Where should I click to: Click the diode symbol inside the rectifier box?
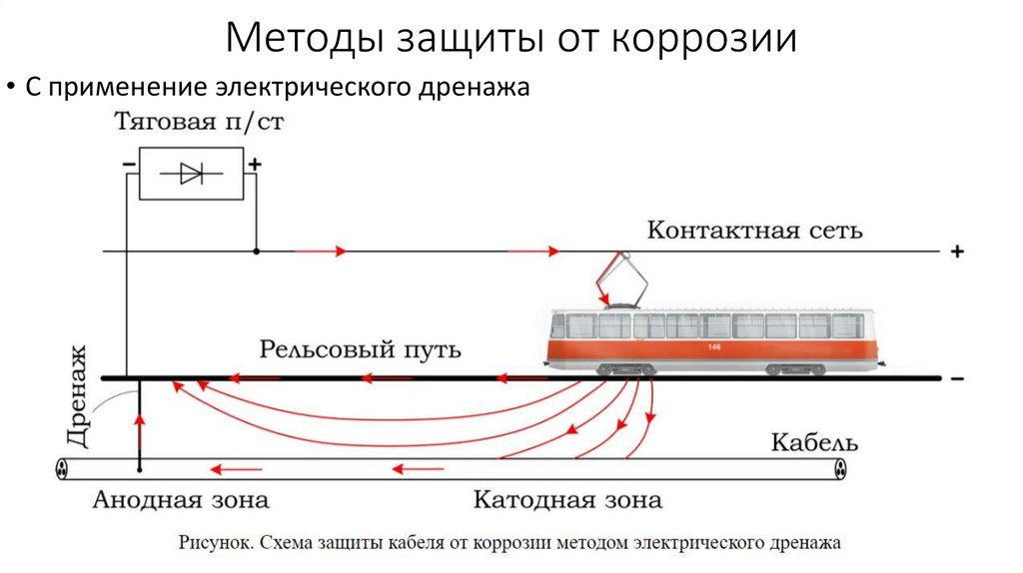[191, 174]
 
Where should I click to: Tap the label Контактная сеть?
[754, 231]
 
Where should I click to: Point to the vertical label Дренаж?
[80, 394]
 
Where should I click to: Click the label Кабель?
[814, 441]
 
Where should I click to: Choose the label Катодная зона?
[567, 499]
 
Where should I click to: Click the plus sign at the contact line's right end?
[956, 253]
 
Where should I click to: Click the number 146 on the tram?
[713, 346]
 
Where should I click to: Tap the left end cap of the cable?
[62, 467]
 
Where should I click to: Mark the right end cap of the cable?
[840, 467]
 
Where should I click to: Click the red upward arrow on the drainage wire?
[140, 423]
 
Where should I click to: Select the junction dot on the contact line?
[256, 252]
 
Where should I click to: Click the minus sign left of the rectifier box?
[128, 163]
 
